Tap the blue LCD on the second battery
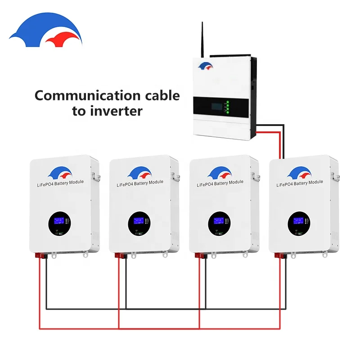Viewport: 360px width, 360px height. (x=138, y=221)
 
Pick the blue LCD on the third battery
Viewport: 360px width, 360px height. (x=218, y=221)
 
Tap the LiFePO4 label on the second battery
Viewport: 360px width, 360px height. (x=139, y=184)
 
